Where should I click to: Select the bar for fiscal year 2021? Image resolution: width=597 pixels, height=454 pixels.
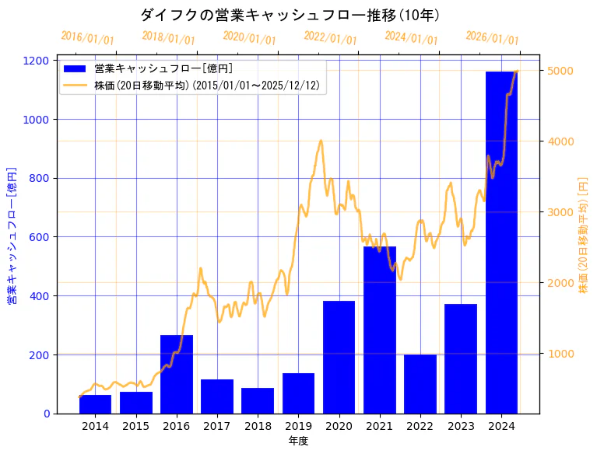pyautogui.click(x=380, y=330)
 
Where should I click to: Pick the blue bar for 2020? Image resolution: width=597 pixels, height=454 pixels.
pyautogui.click(x=339, y=357)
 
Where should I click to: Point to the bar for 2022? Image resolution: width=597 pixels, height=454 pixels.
pyautogui.click(x=420, y=384)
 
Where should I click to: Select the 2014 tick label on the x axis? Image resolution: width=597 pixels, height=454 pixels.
pyautogui.click(x=95, y=426)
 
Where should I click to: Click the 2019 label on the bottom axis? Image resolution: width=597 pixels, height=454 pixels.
pyautogui.click(x=298, y=426)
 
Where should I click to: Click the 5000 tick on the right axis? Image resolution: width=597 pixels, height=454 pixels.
pyautogui.click(x=560, y=71)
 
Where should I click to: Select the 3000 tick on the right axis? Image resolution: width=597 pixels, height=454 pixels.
pyautogui.click(x=560, y=212)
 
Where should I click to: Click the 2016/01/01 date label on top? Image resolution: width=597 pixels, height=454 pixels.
pyautogui.click(x=87, y=37)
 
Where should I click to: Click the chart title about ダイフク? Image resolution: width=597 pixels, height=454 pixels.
pyautogui.click(x=290, y=15)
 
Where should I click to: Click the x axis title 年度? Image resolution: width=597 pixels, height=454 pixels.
pyautogui.click(x=298, y=441)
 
